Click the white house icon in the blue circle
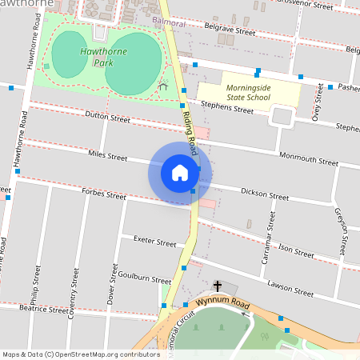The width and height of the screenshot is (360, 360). point(180,173)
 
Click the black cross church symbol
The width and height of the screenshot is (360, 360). point(217,286)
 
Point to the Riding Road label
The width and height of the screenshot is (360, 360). point(192,134)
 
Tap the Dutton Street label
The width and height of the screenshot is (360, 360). point(107,118)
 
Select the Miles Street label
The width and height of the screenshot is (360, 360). point(108,154)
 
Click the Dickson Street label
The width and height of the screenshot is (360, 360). point(265,194)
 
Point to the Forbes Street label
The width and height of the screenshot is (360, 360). point(104,194)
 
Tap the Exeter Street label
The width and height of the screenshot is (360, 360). point(154,242)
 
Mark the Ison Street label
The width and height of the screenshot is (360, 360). point(295,250)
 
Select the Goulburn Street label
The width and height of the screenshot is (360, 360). point(144,280)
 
